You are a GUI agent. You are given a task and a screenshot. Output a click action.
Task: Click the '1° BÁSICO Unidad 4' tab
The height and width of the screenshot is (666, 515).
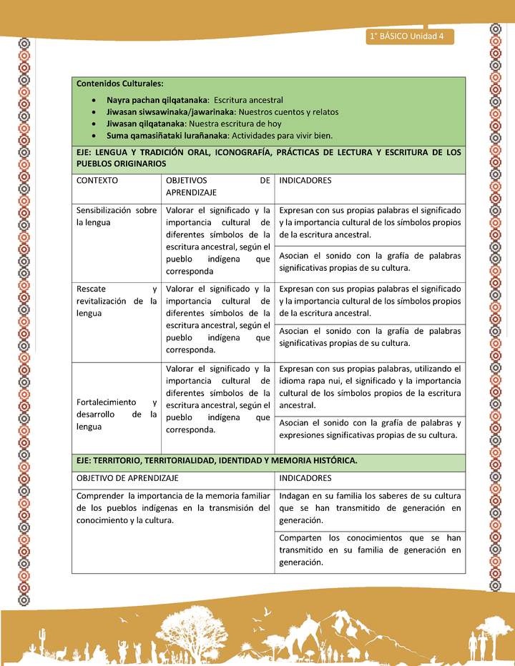pyautogui.click(x=407, y=36)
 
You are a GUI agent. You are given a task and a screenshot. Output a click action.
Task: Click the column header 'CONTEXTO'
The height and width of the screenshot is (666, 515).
pyautogui.click(x=97, y=181)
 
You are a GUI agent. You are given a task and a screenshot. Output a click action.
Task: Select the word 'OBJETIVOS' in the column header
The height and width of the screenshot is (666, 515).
pyautogui.click(x=187, y=181)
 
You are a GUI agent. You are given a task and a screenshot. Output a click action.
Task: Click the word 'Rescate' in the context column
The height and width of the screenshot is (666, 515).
pyautogui.click(x=92, y=289)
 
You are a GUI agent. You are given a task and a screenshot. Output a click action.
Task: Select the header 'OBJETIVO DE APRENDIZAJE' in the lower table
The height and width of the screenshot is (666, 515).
pyautogui.click(x=127, y=478)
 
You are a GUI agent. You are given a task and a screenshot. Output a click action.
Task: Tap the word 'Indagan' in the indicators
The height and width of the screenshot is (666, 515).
pyautogui.click(x=295, y=496)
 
